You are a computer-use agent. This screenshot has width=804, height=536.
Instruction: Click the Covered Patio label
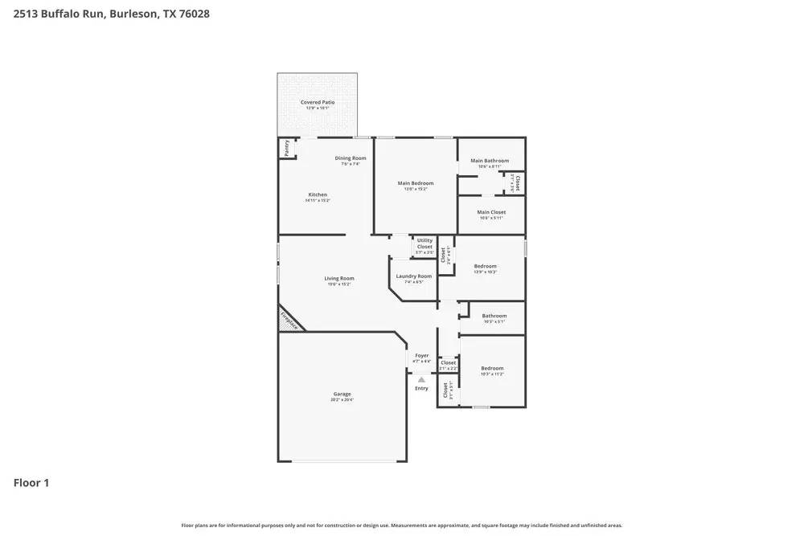pos(318,103)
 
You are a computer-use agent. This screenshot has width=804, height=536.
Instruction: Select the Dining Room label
pos(351,158)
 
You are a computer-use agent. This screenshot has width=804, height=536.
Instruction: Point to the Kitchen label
pos(318,194)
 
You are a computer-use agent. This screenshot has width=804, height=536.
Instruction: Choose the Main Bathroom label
pos(490,161)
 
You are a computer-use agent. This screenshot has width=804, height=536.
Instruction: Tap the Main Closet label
pos(491,212)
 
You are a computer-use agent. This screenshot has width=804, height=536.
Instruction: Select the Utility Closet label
pos(425,243)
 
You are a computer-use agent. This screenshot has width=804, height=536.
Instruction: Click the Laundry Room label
pos(414,276)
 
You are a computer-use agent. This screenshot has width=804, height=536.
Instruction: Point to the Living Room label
pos(340,279)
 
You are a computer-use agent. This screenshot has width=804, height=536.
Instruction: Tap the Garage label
pos(342,394)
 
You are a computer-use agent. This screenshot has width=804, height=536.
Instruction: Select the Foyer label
pos(421,355)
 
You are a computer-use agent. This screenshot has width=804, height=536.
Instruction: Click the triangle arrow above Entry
pos(421,379)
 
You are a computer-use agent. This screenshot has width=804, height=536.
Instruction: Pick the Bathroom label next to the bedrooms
pos(494,316)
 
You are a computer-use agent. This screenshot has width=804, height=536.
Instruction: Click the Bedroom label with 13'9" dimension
pos(485,266)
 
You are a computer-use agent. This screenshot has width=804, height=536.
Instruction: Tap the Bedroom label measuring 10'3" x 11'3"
pos(492,369)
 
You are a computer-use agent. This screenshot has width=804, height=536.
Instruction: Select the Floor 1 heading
pos(31,483)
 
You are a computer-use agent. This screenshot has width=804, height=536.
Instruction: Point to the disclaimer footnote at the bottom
pos(402,525)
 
